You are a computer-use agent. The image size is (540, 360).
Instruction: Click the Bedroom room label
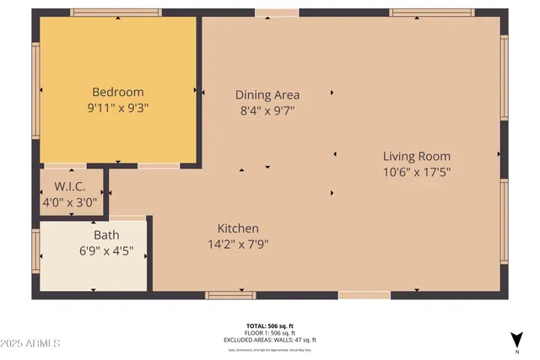click(118, 92)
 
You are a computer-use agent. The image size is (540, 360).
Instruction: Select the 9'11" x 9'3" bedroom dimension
click(118, 108)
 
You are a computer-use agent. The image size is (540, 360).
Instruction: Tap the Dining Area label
click(267, 94)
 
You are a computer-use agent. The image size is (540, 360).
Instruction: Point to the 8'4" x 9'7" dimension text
click(267, 110)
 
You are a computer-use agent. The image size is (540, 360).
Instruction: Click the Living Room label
click(417, 156)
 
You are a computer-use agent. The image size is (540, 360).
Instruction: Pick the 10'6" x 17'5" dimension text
click(417, 172)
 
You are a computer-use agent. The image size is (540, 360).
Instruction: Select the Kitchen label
click(238, 228)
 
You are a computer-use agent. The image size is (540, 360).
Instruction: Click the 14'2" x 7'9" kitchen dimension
click(238, 244)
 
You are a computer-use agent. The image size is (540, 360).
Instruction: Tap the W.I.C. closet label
click(72, 186)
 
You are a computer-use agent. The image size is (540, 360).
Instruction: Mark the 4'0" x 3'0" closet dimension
click(72, 202)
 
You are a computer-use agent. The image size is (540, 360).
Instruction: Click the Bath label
click(106, 235)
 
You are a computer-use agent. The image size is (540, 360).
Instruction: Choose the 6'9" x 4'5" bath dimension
click(106, 251)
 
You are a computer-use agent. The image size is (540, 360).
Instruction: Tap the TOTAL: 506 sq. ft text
click(270, 325)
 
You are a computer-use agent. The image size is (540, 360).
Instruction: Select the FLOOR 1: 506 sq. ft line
click(270, 333)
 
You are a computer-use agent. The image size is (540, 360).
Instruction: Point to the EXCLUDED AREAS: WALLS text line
click(270, 340)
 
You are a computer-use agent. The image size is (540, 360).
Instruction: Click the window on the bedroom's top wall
click(116, 13)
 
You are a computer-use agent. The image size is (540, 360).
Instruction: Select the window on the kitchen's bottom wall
click(231, 295)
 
